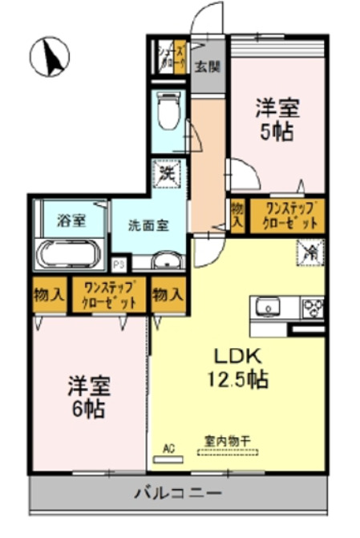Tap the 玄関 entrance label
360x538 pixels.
[x=209, y=67]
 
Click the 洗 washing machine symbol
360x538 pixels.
[x=168, y=172]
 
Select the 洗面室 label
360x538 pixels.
[x=149, y=225]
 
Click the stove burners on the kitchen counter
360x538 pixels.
[x=312, y=308]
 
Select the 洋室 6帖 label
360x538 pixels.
[x=88, y=395]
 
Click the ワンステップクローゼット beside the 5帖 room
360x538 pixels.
[x=286, y=216]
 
